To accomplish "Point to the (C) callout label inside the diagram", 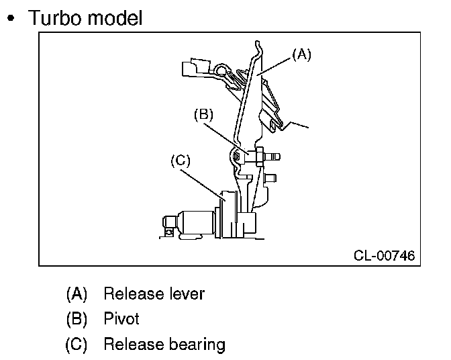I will click(181, 160).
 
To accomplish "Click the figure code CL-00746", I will click(384, 255).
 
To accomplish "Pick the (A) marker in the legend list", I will click(77, 294).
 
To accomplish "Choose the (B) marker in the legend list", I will click(77, 319).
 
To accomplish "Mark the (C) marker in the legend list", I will click(77, 345).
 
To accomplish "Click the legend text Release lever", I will click(154, 294).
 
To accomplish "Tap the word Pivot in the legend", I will click(121, 319).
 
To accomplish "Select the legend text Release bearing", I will click(164, 345).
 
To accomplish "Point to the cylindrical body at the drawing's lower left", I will click(195, 221).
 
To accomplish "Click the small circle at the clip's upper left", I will click(222, 69).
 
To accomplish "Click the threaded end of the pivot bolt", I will click(274, 156).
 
